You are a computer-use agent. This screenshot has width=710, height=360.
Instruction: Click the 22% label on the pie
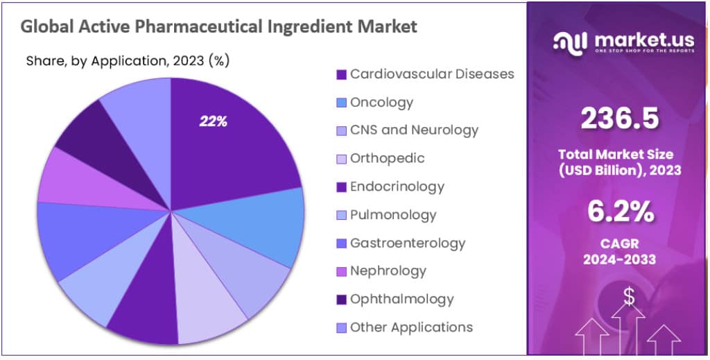213,121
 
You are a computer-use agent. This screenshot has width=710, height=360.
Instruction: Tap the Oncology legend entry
381,102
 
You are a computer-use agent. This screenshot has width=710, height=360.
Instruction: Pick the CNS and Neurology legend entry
414,130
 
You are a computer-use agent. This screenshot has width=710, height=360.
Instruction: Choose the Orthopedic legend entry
387,158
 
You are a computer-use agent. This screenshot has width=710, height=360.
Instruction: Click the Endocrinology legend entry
397,187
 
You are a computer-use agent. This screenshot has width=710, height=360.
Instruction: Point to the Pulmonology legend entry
393,214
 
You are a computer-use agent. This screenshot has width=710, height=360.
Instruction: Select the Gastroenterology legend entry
407,243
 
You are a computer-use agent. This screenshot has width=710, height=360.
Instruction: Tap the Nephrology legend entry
388,271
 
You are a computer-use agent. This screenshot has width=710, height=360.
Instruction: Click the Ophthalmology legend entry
401,299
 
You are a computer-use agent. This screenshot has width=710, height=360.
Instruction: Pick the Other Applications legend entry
411,327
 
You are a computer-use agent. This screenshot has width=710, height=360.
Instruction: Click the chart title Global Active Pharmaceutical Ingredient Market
218,27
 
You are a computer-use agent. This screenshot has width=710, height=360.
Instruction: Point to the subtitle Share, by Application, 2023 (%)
128,60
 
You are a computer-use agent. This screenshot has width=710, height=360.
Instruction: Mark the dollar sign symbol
629,296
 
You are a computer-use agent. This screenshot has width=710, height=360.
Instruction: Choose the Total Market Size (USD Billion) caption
619,162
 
